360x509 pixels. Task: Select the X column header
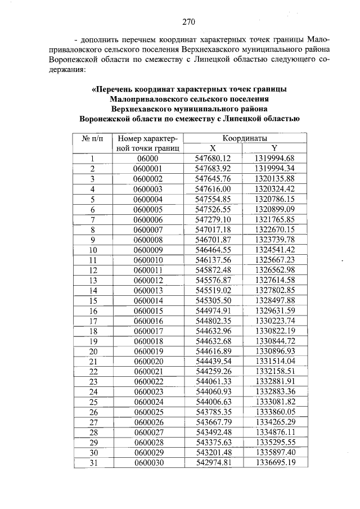(x=213, y=148)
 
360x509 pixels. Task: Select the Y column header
(x=274, y=148)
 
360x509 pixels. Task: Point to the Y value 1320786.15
(x=274, y=199)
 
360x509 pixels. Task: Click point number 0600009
(x=148, y=250)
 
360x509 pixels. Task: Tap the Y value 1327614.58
(x=274, y=280)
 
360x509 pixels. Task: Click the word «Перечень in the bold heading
(x=115, y=89)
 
